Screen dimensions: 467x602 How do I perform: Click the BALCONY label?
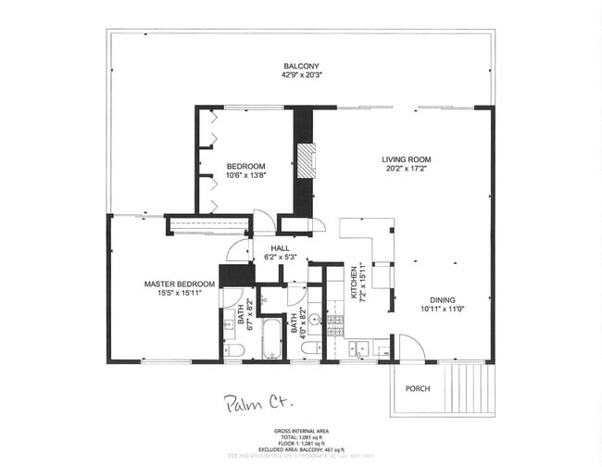[x=301, y=66]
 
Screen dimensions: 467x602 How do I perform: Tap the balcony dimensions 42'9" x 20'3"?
[x=301, y=76]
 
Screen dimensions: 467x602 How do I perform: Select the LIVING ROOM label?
[x=407, y=159]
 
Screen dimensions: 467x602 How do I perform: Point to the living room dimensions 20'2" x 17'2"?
[x=407, y=170]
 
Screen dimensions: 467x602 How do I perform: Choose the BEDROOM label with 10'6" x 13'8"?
[x=245, y=167]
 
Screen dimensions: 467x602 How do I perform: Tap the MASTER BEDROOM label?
[x=179, y=284]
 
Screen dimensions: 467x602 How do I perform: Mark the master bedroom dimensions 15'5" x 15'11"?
[x=179, y=294]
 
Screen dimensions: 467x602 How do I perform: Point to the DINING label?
[x=442, y=299]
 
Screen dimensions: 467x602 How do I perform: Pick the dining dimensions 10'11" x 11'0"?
[x=442, y=309]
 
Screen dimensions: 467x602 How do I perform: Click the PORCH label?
[x=418, y=388]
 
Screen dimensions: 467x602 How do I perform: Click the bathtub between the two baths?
[x=270, y=339]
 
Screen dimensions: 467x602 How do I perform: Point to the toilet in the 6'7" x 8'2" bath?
[x=234, y=350]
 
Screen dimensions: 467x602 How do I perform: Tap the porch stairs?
[x=466, y=387]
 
